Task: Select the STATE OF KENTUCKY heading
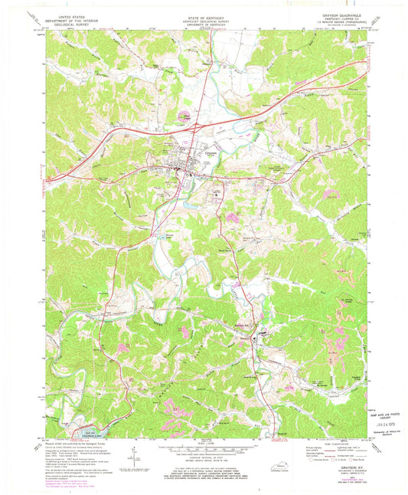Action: [x=203, y=15]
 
